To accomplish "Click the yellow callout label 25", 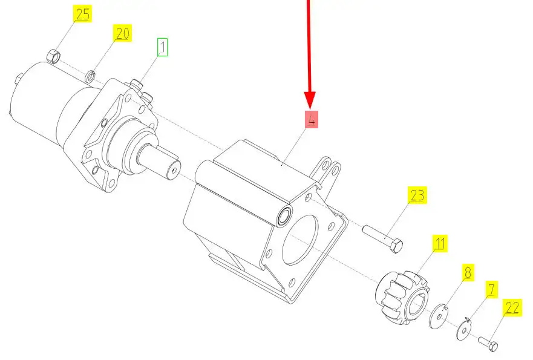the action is click(83, 15).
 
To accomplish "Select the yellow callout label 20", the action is click(122, 33).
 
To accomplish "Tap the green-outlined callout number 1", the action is click(163, 47).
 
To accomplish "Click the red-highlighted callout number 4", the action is click(312, 120).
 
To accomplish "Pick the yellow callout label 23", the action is click(417, 195).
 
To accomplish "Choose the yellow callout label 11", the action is click(440, 243).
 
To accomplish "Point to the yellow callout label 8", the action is click(468, 272).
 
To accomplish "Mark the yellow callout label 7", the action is click(491, 290).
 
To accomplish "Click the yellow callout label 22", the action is click(512, 307).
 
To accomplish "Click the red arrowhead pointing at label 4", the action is click(310, 100).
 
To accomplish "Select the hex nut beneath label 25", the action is click(53, 56).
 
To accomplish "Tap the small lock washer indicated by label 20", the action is click(90, 76).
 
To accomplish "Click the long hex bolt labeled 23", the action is click(383, 239).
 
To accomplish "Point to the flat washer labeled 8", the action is click(439, 316).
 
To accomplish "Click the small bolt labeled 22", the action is click(488, 344).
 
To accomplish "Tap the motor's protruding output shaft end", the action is click(174, 169).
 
